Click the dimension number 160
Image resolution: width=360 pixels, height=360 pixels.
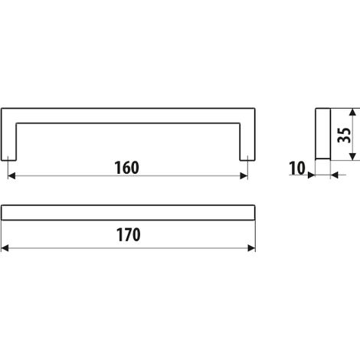[127, 168]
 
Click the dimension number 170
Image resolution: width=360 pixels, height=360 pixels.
[129, 235]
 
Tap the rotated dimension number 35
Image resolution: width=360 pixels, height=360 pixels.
[344, 135]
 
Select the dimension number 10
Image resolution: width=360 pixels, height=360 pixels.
[297, 169]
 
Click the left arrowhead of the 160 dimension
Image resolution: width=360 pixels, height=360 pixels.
[11, 175]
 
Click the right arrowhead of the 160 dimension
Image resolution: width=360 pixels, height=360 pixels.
[244, 175]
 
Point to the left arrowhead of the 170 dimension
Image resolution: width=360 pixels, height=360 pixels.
[5, 248]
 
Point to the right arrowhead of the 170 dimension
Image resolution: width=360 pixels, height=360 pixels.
[251, 248]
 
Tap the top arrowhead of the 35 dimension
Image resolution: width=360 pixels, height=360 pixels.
[352, 113]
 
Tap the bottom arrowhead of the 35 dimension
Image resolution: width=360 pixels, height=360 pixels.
[352, 157]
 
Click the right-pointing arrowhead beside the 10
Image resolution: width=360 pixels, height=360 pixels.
[312, 175]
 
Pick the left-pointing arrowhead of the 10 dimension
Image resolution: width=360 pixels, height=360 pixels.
[335, 175]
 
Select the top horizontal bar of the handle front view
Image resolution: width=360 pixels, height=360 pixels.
[128, 116]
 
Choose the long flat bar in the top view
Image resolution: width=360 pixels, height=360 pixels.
[128, 212]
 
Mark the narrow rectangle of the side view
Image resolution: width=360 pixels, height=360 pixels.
[323, 134]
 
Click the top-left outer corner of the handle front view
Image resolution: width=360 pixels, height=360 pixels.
[2, 108]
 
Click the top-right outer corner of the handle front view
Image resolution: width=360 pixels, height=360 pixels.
[255, 108]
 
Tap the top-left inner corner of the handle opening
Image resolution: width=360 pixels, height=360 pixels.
[17, 123]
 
